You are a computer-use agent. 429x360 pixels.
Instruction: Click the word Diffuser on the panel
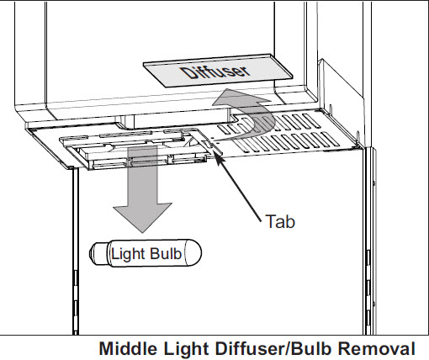(x=215, y=72)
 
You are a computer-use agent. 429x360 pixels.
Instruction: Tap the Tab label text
(x=280, y=221)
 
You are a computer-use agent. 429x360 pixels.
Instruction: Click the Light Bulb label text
(x=146, y=254)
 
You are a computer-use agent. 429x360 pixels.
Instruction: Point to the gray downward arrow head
(x=142, y=217)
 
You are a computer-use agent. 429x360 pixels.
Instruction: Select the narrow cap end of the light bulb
(x=98, y=253)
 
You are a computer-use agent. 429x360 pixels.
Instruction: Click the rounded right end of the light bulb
(x=193, y=253)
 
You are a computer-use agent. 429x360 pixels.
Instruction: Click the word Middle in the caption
(x=128, y=349)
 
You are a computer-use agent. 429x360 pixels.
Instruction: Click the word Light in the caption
(x=187, y=349)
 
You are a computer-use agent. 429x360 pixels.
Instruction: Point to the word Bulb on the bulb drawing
(x=166, y=253)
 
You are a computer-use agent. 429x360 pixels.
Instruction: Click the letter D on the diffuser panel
(x=188, y=74)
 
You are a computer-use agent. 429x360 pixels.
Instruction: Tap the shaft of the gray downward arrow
(x=142, y=174)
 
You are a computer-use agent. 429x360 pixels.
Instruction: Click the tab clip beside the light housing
(x=209, y=141)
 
